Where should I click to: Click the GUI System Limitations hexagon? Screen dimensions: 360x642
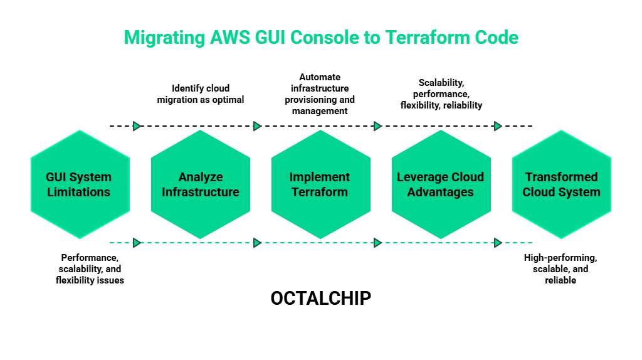[x=80, y=184]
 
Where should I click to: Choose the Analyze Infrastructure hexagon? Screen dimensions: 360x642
[x=200, y=184]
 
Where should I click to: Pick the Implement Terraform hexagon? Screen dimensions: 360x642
[x=320, y=184]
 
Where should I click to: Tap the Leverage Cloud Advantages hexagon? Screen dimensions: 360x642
[x=441, y=184]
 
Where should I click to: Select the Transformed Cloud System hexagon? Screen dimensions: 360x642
[x=561, y=184]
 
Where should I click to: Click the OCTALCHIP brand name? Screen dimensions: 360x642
[x=320, y=299]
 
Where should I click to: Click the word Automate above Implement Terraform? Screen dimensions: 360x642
[x=320, y=77]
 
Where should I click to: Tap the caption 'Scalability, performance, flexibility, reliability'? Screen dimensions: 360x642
[x=441, y=94]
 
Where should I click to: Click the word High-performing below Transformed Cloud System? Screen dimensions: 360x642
[x=560, y=258]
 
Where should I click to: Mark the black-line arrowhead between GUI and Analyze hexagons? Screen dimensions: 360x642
[x=137, y=126]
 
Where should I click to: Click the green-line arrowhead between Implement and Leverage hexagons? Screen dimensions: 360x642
[x=377, y=243]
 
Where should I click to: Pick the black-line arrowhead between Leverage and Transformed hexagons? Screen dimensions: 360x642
[x=498, y=126]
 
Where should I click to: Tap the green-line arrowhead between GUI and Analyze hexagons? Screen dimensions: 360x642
[x=137, y=243]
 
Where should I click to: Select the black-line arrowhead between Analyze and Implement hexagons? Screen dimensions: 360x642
[x=257, y=126]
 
